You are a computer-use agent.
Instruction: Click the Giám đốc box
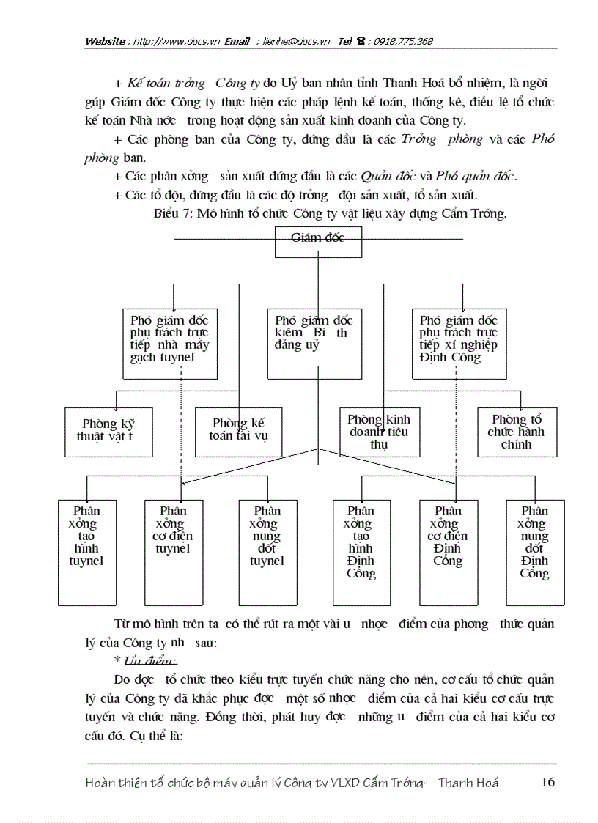click(318, 242)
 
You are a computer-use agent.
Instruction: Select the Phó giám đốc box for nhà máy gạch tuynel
click(160, 343)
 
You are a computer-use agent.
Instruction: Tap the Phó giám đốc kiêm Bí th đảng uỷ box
click(314, 343)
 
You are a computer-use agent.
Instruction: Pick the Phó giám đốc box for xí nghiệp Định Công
click(459, 343)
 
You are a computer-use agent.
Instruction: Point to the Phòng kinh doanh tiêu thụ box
click(379, 431)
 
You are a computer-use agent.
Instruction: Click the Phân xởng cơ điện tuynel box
click(173, 553)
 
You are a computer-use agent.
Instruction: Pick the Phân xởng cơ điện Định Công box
click(448, 553)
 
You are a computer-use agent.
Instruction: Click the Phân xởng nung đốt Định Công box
click(535, 553)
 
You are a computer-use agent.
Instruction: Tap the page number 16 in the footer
click(547, 781)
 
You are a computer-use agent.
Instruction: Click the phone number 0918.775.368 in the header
click(403, 41)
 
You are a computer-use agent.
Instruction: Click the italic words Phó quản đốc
click(475, 176)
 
